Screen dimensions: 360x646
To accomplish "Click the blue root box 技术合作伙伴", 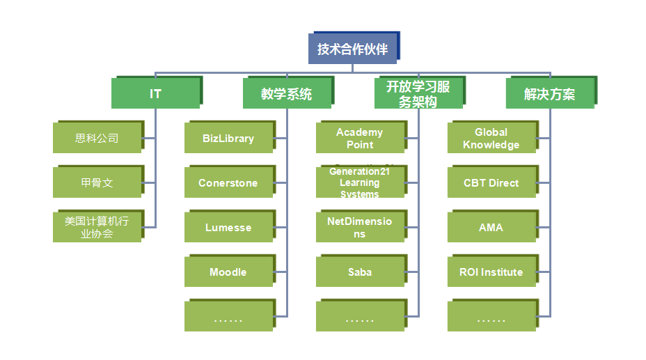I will coord(352,49).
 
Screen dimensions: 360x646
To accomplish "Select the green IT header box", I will coord(155,93).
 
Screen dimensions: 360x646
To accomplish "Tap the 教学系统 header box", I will coord(286,93).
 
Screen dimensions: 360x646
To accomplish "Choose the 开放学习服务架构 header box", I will coord(418,93).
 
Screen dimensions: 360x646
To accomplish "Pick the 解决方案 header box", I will coord(549,93).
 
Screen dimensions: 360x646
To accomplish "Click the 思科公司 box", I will coord(97,138).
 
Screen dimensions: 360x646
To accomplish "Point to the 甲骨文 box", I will coord(97,182).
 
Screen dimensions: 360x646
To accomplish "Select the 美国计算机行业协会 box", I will coord(97,227).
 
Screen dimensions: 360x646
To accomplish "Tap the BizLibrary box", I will coord(228,138).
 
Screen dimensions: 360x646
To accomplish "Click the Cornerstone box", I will coord(228,182).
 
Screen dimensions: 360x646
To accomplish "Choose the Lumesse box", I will coord(228,227).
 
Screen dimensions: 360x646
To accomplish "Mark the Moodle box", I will coord(228,272).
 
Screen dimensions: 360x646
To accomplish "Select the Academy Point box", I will coord(360,138).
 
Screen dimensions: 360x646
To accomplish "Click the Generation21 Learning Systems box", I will coord(360,182).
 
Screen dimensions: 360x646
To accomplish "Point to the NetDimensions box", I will coord(360,227).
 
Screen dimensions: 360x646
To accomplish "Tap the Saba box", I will coord(360,272).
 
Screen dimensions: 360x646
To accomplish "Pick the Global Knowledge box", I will coord(491,138).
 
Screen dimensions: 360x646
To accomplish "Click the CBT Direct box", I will coord(491,182).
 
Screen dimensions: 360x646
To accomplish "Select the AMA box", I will coord(491,227).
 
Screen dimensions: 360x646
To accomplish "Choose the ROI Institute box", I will coord(491,272).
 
